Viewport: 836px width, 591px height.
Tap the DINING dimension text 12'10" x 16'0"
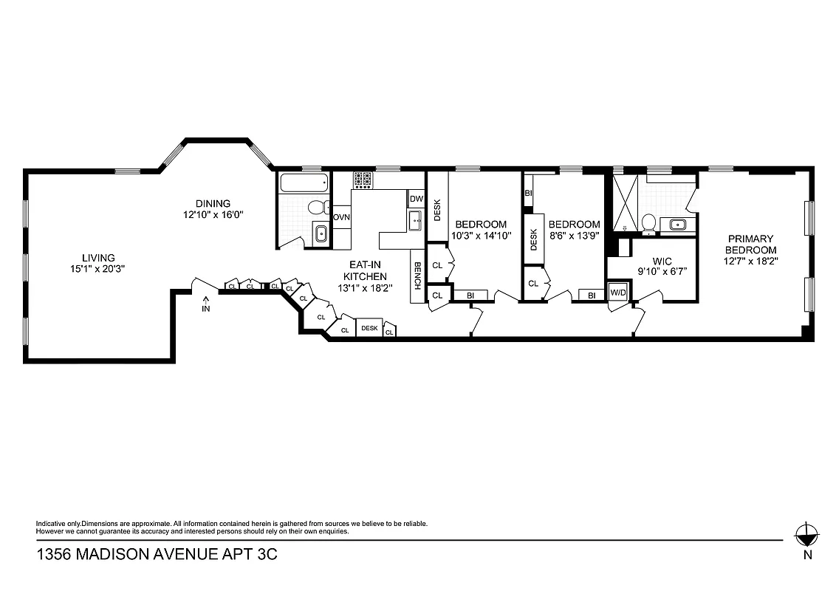point(213,215)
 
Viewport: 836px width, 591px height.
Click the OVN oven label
point(341,217)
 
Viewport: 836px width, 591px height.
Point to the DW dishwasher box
point(416,199)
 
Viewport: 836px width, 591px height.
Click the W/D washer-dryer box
point(617,293)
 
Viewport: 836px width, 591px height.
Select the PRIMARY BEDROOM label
point(750,245)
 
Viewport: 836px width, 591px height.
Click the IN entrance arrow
point(206,304)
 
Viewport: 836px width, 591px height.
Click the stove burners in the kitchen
point(363,180)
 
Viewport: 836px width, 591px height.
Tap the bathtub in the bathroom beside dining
point(303,182)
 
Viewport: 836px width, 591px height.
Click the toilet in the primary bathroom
point(649,220)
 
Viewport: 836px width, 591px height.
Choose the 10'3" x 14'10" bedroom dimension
point(481,236)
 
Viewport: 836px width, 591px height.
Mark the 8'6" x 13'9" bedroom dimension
point(573,236)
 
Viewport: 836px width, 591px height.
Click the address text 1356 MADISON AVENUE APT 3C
point(157,555)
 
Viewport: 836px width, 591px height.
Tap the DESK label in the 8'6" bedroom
point(533,239)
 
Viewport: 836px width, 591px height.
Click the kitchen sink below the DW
point(415,219)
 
